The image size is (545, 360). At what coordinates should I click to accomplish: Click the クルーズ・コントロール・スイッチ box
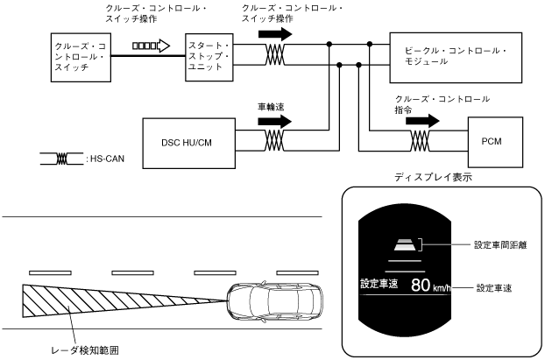81,57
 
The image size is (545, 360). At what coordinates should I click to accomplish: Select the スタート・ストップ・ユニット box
209,57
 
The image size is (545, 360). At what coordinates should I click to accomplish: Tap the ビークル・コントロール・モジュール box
456,58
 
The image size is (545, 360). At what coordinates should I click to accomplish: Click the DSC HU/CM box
188,143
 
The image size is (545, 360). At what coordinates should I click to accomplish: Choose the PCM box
495,142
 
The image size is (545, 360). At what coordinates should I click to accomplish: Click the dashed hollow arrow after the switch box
152,46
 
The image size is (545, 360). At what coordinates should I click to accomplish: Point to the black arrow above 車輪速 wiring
274,121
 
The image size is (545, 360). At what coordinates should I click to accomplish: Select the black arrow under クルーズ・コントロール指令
422,121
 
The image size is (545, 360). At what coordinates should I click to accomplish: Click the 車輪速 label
271,107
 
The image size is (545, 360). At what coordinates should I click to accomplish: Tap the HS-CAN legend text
107,159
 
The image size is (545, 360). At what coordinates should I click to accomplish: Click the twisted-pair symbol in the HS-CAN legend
62,159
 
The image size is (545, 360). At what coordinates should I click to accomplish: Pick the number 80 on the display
421,285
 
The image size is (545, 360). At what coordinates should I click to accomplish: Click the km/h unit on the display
442,287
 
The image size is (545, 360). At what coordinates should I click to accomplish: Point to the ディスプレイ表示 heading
433,177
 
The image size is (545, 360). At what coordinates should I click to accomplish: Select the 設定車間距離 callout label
500,245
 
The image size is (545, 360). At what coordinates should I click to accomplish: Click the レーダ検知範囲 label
85,350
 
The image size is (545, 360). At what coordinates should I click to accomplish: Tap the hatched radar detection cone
104,301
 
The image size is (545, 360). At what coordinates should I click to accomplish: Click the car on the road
275,301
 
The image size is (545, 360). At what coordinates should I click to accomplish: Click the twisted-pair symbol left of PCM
420,141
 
